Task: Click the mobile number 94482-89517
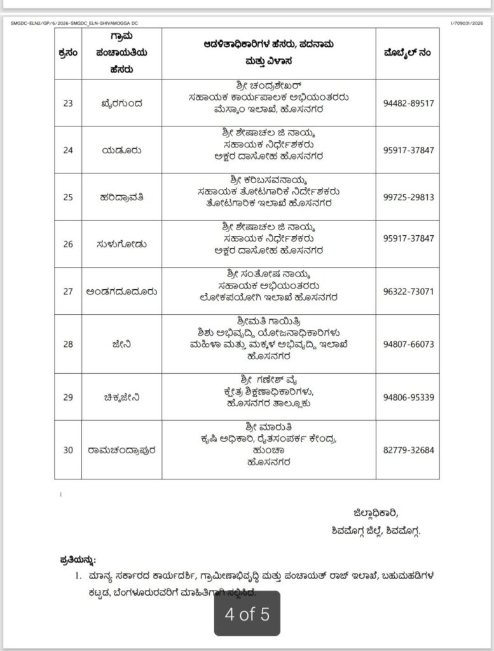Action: pos(409,103)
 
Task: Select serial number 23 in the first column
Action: pos(68,103)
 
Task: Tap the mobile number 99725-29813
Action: pos(409,197)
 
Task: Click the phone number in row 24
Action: pos(409,150)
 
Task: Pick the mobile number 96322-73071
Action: pos(409,291)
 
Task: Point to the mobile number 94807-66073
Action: pos(409,344)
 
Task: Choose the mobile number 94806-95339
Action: pos(409,397)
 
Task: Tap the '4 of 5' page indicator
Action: pos(247,614)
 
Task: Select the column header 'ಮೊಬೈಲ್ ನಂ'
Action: pos(409,53)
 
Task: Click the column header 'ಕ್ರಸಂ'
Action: pos(68,53)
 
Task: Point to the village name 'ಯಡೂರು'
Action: pos(120,150)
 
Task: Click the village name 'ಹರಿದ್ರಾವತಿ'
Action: pos(120,197)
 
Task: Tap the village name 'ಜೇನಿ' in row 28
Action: pos(120,344)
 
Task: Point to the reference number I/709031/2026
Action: pos(467,23)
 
